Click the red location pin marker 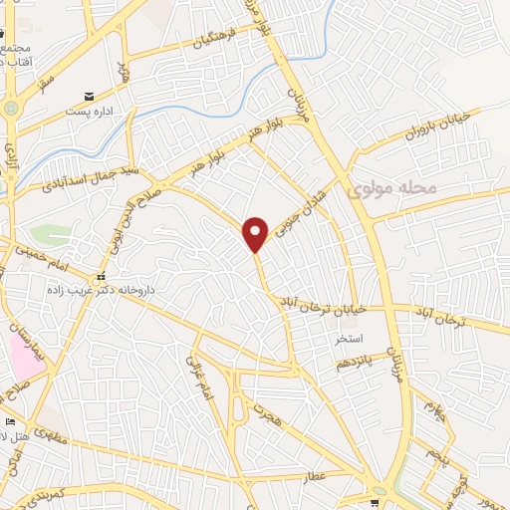click(x=257, y=233)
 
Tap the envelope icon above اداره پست click(x=91, y=97)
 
